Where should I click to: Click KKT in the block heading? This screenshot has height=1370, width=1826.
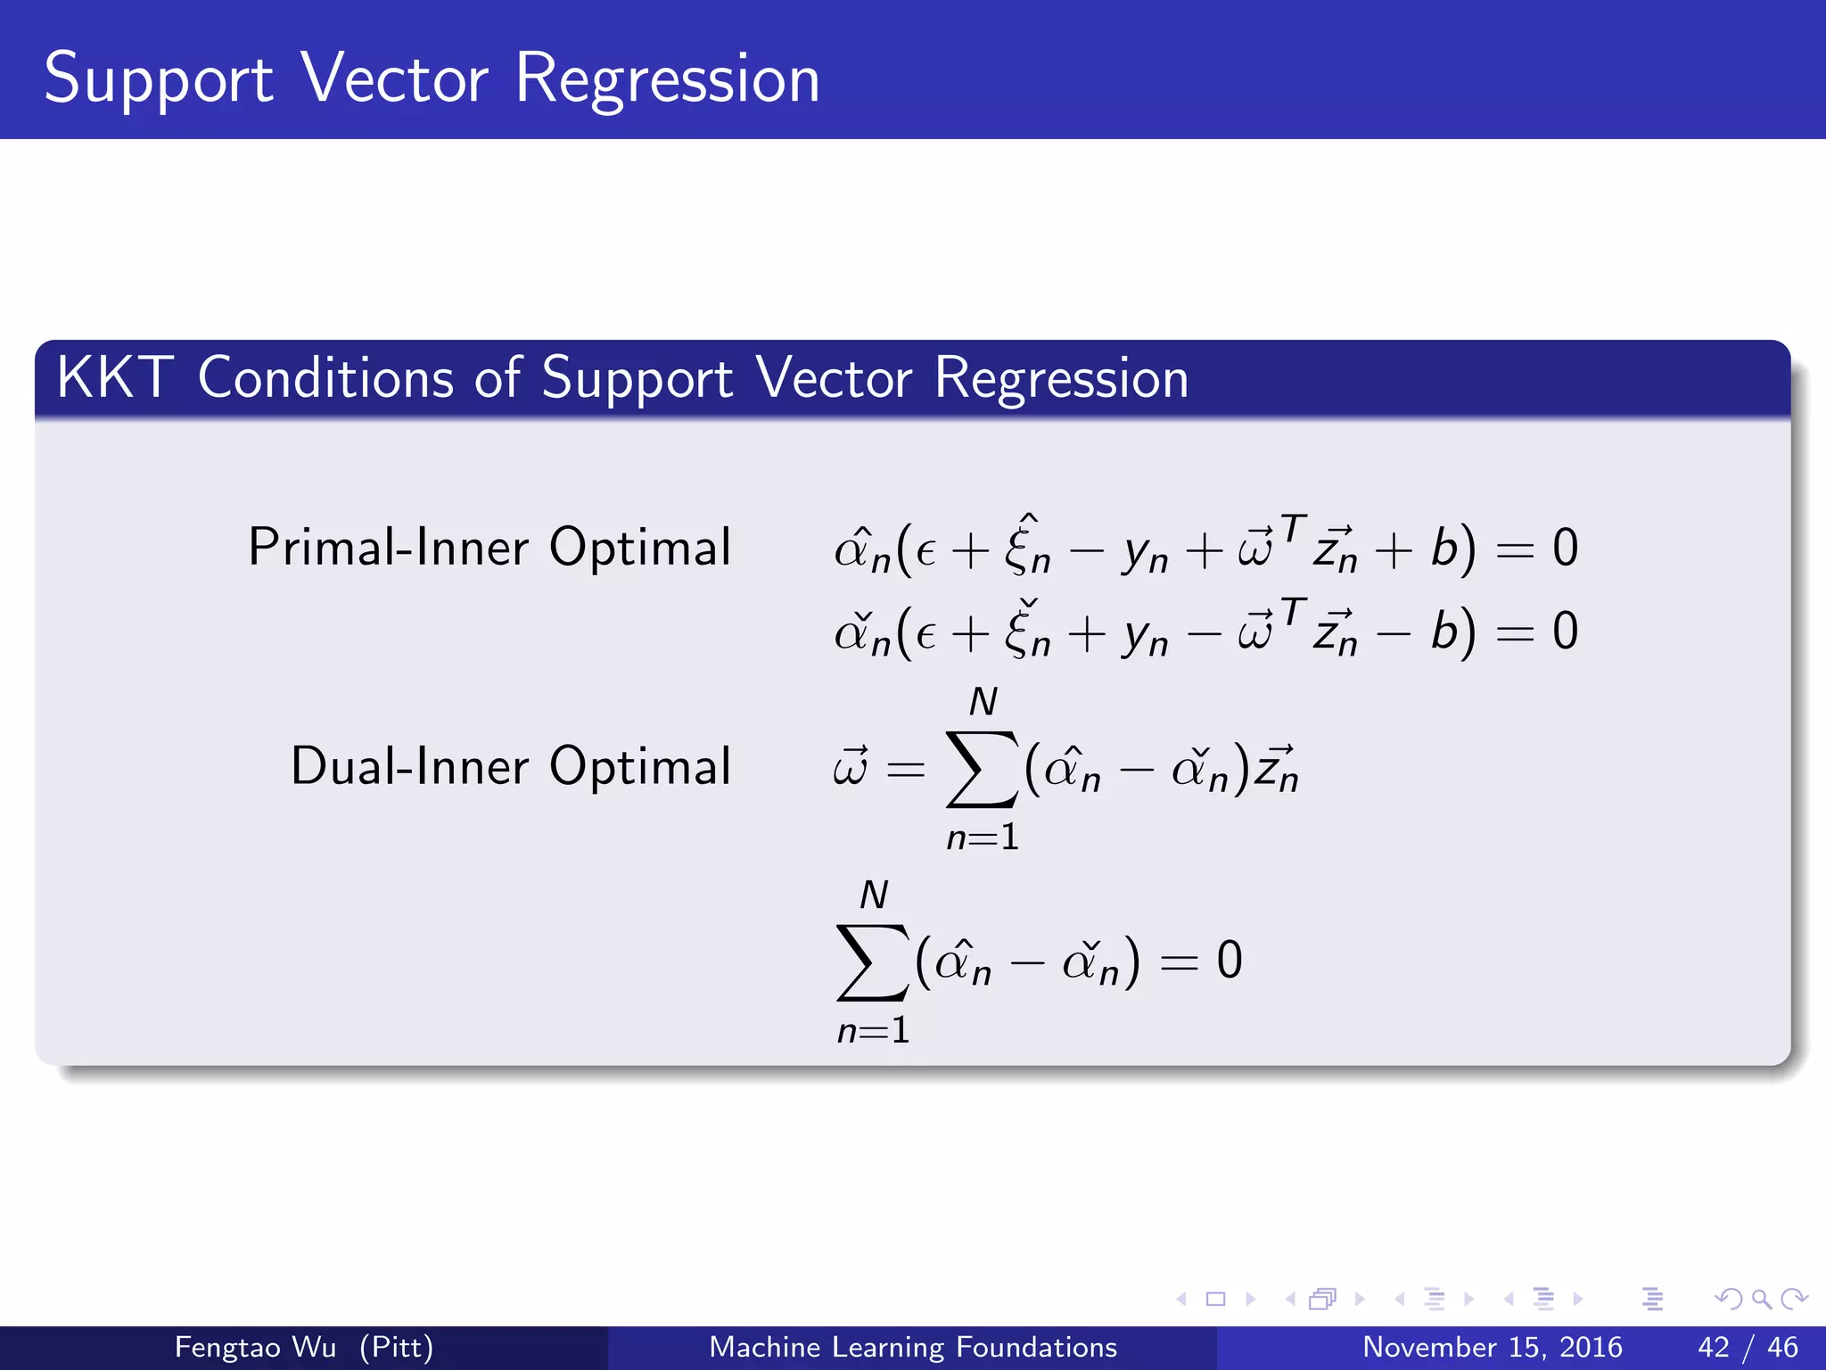(x=114, y=377)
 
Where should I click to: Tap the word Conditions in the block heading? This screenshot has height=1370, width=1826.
(x=325, y=377)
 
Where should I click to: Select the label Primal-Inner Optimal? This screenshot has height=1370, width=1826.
(x=489, y=547)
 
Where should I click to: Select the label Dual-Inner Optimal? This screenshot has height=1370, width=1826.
(x=511, y=765)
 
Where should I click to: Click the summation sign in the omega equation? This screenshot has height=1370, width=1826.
(x=982, y=768)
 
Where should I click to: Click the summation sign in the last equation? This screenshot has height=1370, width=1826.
(x=872, y=961)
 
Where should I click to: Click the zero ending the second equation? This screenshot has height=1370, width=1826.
(x=1565, y=631)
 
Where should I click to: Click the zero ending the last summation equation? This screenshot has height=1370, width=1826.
(x=1230, y=961)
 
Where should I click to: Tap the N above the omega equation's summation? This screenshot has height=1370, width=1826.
(x=983, y=702)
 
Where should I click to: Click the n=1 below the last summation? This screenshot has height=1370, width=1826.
(x=873, y=1030)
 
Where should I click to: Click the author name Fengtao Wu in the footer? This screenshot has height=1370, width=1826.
(x=255, y=1347)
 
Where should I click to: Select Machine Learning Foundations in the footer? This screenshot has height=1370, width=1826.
(x=912, y=1347)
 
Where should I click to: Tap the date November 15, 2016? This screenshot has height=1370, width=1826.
(x=1492, y=1347)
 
